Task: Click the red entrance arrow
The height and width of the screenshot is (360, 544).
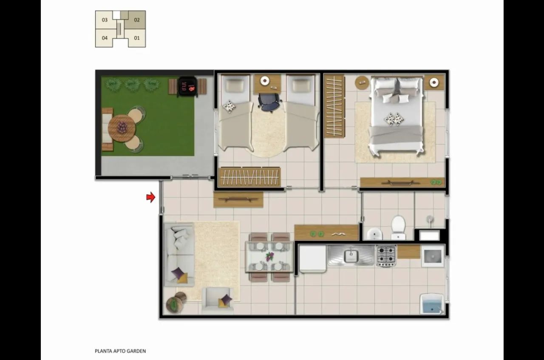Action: pos(151,197)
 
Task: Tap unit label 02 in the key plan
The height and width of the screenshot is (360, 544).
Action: pos(137,20)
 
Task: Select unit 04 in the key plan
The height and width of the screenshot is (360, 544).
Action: pos(105,38)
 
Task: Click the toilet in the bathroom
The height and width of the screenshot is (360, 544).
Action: pos(398,227)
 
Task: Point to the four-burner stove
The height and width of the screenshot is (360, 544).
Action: pos(386,256)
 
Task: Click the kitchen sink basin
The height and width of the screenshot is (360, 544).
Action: pos(351,255)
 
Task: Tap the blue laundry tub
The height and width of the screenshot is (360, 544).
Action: pos(432,303)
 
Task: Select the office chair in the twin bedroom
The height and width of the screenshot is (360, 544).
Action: pos(269,102)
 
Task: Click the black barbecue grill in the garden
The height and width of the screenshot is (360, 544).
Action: pos(187,87)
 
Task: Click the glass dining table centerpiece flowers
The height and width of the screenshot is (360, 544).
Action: pos(269,256)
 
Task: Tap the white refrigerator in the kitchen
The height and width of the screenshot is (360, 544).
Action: pos(312,259)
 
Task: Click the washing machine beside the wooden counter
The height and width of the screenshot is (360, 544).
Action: pos(433,256)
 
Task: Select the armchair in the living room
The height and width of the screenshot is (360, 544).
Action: pos(217,300)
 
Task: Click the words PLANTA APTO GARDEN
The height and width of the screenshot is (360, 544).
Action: pos(120,351)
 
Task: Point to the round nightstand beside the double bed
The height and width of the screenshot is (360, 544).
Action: pos(362,82)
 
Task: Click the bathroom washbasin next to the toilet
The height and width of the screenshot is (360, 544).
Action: pos(374,234)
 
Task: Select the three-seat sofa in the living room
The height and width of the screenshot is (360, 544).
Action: pos(179,254)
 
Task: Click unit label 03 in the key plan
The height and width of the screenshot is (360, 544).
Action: pos(105,20)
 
